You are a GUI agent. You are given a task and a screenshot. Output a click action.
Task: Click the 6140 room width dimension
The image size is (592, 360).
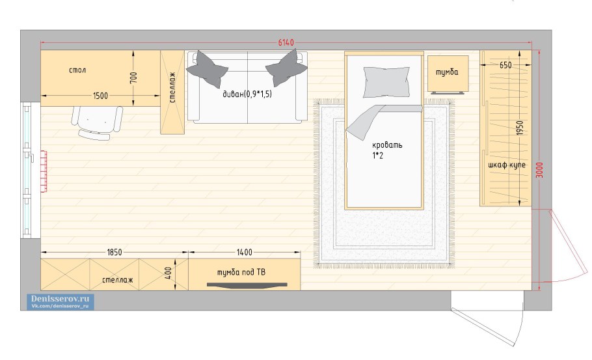(x=286, y=42)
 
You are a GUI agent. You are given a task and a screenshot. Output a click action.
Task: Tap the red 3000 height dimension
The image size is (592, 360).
(x=539, y=171)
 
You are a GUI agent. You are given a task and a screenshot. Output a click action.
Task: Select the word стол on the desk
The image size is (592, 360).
(x=77, y=70)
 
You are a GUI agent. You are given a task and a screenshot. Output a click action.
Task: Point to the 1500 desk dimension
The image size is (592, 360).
(x=100, y=96)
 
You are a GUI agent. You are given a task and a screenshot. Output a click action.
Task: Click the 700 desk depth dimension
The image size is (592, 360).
(x=134, y=78)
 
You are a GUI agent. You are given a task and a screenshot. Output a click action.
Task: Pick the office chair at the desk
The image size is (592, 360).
(x=97, y=123)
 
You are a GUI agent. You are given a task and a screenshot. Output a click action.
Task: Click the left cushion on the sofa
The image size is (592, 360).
(x=208, y=69)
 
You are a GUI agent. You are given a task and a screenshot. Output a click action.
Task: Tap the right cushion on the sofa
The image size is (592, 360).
(x=286, y=68)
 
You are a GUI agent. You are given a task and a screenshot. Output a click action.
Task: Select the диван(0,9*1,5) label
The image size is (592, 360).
(x=247, y=94)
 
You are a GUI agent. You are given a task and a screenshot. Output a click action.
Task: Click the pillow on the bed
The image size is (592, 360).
(x=386, y=82)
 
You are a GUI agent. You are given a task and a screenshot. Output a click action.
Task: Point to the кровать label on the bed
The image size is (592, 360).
(x=387, y=145)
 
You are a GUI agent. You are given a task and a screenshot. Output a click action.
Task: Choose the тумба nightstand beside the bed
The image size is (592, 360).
(x=448, y=74)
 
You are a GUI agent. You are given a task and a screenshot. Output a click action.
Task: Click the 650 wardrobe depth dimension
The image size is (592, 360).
(x=505, y=65)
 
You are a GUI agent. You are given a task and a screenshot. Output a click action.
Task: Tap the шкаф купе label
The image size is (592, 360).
(x=507, y=165)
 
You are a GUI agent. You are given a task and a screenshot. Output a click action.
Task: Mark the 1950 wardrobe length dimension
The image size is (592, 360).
(x=520, y=128)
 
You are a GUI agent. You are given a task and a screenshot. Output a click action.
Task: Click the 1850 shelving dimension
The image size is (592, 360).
(x=114, y=253)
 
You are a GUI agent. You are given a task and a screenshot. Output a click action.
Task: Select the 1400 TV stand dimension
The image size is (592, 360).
(x=244, y=253)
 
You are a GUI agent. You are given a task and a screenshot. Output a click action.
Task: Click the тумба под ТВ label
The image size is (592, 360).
(x=241, y=272)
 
